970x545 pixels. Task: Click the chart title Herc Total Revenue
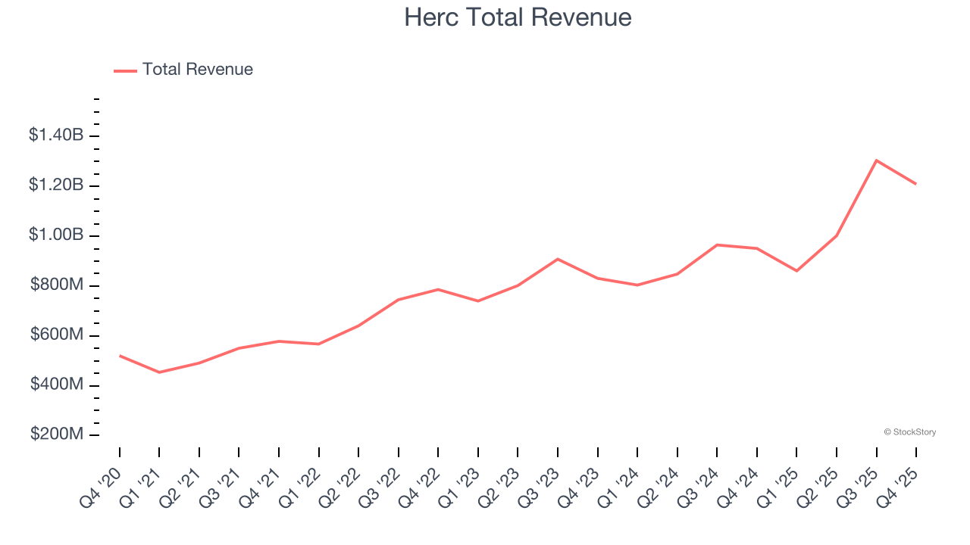tap(518, 17)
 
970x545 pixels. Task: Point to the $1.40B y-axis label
tap(56, 135)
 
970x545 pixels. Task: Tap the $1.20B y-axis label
tap(56, 185)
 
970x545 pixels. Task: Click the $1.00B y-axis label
tap(56, 235)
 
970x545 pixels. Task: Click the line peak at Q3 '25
tap(876, 160)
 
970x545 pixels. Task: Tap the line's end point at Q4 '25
tap(915, 184)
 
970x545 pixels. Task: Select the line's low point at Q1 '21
tap(159, 372)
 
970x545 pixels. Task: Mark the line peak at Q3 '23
tap(558, 259)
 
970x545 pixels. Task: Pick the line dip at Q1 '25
tap(796, 271)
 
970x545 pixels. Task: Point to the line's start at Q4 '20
tap(120, 356)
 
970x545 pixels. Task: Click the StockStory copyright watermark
tap(909, 432)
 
